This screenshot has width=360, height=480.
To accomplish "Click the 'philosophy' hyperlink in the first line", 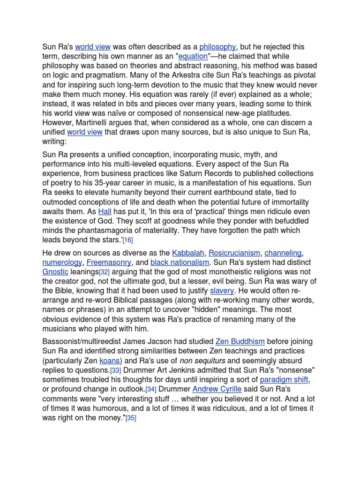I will [217, 47].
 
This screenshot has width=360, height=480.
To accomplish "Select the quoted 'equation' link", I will [192, 56].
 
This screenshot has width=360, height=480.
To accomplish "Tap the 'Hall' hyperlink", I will [105, 211].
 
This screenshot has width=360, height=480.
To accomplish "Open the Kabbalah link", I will [188, 253].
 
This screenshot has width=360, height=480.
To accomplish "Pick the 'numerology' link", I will [62, 262].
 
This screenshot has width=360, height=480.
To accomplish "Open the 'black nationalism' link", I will [180, 262].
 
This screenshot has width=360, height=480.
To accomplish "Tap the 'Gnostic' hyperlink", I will [55, 272].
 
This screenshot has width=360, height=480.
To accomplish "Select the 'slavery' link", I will [222, 291].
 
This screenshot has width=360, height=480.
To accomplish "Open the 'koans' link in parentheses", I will [110, 360].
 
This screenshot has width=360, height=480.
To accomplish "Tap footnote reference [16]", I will [127, 240].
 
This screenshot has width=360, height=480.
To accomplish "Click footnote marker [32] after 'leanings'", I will [105, 272].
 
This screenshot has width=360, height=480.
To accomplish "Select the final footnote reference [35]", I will [130, 418].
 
